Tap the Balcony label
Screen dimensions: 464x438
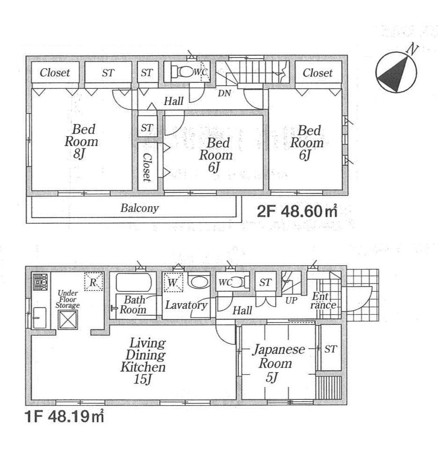click(139, 208)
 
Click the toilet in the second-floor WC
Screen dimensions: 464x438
click(182, 72)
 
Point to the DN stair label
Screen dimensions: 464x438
click(225, 93)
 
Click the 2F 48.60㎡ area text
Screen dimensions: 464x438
click(297, 211)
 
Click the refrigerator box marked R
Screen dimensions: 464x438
click(93, 283)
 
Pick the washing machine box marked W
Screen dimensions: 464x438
click(172, 283)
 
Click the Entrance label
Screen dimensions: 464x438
click(324, 300)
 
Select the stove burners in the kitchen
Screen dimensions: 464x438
click(38, 282)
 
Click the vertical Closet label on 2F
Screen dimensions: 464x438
click(146, 167)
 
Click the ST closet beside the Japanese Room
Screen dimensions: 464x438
click(330, 349)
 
